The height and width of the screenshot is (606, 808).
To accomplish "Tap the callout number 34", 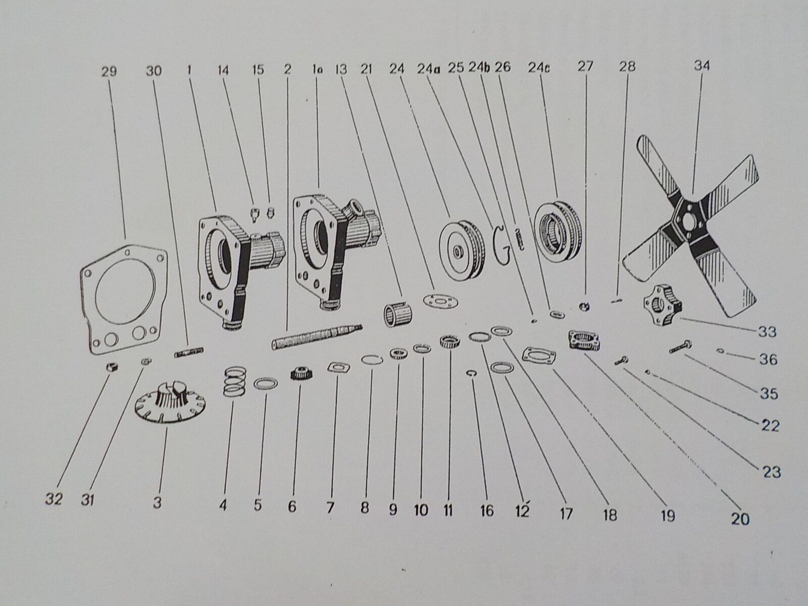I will tap(701, 67).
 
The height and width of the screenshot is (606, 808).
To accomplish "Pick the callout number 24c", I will tap(539, 67).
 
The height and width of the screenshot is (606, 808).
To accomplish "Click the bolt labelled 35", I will tap(681, 347).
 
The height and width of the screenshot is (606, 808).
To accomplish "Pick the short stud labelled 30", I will tap(189, 352).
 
